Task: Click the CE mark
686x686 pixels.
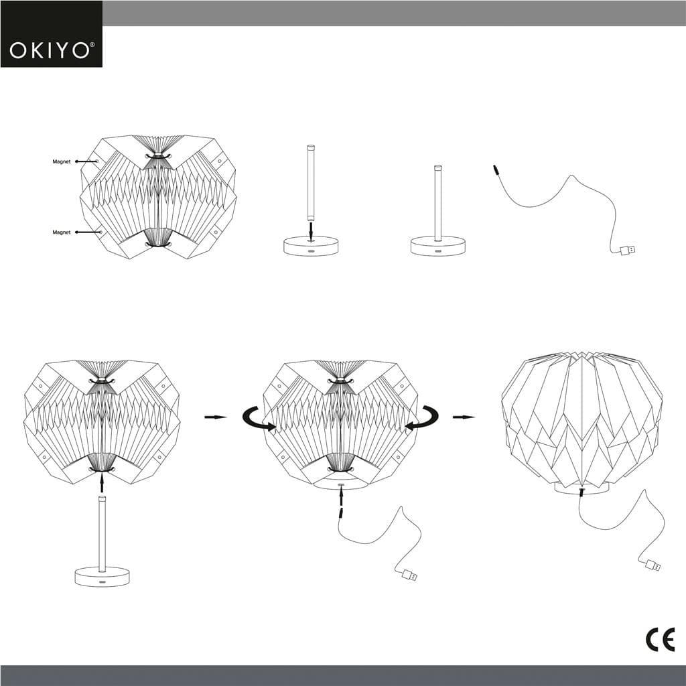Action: (660, 640)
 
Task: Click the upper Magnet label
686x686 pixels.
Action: (62, 161)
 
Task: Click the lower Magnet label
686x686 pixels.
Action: (62, 232)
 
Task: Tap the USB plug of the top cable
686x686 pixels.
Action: (628, 251)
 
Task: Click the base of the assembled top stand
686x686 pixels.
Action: (438, 246)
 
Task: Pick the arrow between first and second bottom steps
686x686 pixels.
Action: (215, 417)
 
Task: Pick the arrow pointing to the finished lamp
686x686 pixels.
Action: (464, 417)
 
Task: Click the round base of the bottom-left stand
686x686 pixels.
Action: (102, 577)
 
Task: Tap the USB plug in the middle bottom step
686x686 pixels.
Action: (408, 575)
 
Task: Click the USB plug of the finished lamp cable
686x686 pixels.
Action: (652, 565)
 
